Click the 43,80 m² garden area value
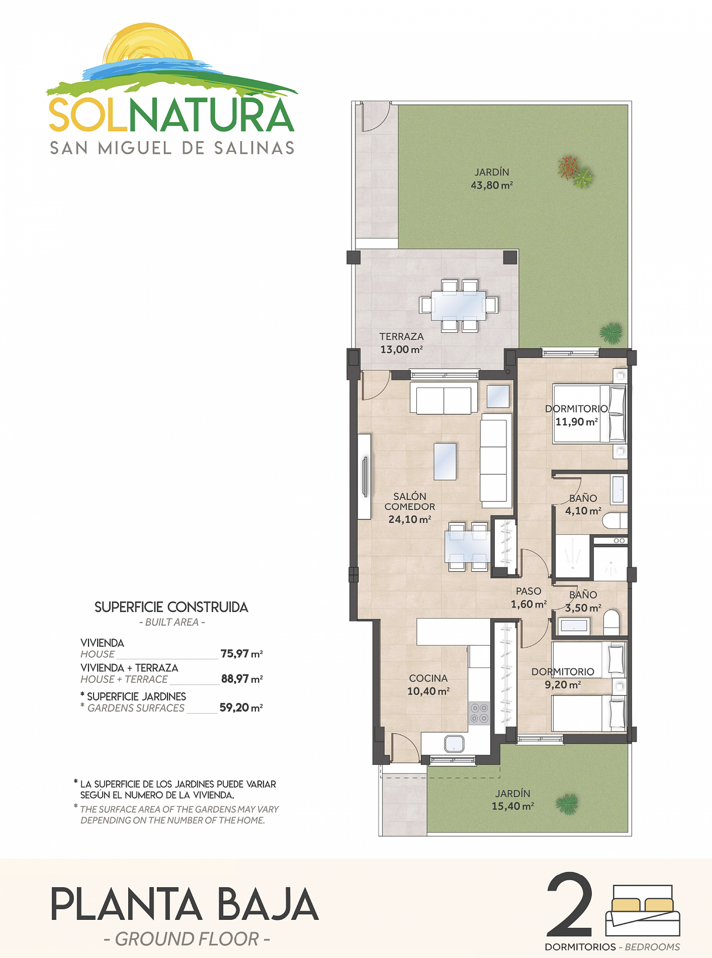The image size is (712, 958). point(491,185)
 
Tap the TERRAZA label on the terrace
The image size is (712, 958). point(401,336)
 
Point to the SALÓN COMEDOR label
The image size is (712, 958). point(409,502)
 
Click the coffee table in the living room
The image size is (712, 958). point(445,461)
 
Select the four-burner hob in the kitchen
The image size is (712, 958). point(479,712)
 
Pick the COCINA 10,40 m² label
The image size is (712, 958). point(428,684)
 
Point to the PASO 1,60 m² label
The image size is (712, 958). point(528,597)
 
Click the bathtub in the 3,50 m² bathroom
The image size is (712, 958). point(574,625)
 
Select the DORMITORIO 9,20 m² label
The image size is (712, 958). point(563,678)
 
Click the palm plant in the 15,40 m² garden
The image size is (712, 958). point(566,804)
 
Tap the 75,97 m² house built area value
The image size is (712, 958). point(241,654)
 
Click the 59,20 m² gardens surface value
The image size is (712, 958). point(241,708)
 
